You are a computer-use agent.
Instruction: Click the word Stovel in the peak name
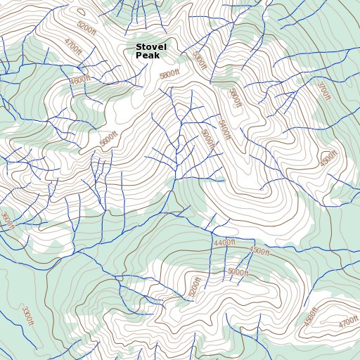(x=151, y=47)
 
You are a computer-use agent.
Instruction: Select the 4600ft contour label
(x=80, y=79)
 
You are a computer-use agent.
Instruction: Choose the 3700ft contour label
(x=323, y=91)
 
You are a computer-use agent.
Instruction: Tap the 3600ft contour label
(x=6, y=221)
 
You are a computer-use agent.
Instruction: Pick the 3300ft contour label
(x=27, y=316)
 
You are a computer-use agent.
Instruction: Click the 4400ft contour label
(x=225, y=243)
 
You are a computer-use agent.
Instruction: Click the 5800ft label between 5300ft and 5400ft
(x=234, y=97)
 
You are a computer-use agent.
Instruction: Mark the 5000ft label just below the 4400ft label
(x=238, y=272)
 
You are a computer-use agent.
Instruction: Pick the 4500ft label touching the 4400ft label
(x=259, y=251)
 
